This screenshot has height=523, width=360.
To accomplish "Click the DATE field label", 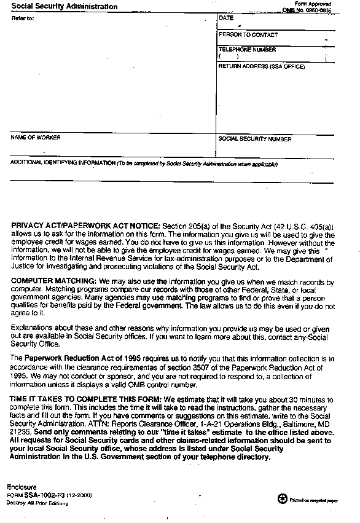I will pos(225,18).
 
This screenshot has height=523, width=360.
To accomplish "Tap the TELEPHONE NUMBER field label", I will pos(247,49).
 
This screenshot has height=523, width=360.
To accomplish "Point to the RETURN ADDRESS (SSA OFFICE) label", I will pos(262,66).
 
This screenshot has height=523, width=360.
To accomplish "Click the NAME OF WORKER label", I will pos(36,138).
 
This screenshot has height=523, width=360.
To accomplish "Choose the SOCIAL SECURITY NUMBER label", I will pos(255,139).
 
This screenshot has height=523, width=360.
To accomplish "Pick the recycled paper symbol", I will pos(282,499).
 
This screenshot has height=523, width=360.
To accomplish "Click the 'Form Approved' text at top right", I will pos(312,4).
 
